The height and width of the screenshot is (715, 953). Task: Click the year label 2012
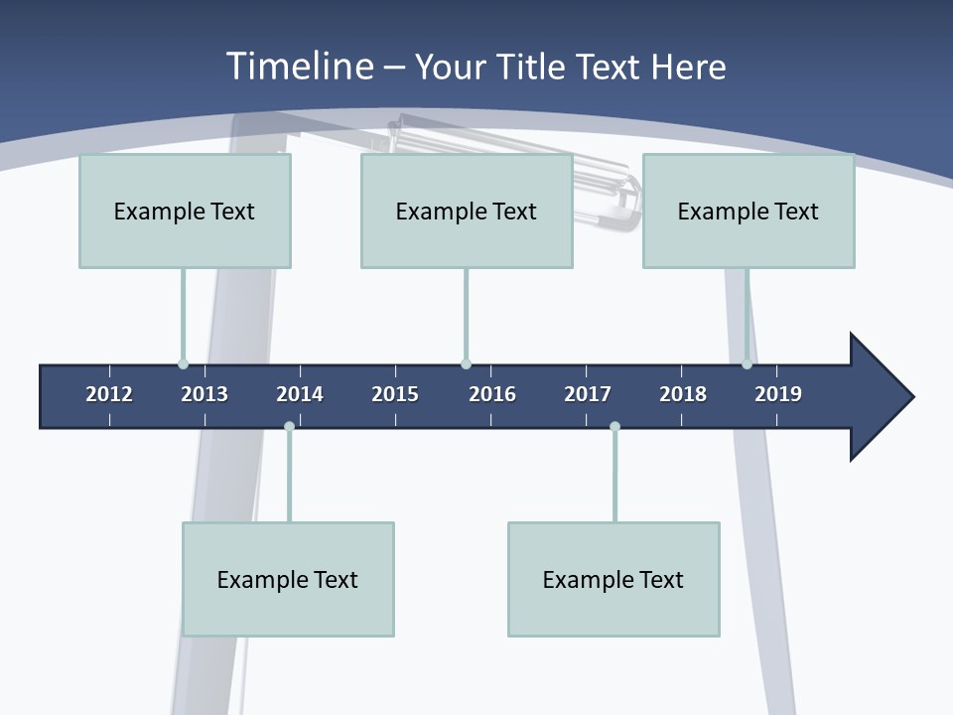pos(109,394)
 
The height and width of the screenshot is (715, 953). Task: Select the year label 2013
pos(204,394)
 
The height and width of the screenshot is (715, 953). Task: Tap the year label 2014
pos(300,394)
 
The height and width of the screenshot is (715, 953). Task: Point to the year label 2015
pos(395,394)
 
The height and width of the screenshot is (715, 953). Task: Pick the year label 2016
pos(492,394)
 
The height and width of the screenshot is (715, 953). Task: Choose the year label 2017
pos(588,394)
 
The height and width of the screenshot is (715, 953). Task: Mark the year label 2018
pos(683,394)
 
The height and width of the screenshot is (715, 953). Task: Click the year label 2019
pos(778,394)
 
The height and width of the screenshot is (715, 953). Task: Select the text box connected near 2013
pos(185,211)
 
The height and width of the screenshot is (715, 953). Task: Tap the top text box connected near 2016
pos(467,211)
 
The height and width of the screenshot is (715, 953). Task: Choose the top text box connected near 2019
pos(749,211)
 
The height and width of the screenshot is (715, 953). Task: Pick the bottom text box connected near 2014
pos(288,579)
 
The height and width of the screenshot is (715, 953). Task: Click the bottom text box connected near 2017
pos(613,579)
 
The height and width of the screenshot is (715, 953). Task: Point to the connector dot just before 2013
pos(183,364)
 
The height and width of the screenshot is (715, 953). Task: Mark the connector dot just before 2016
pos(466,364)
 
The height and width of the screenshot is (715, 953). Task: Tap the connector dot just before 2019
pos(747,364)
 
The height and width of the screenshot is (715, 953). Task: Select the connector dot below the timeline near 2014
pos(289,426)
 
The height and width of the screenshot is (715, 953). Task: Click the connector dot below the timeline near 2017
pos(614,426)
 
